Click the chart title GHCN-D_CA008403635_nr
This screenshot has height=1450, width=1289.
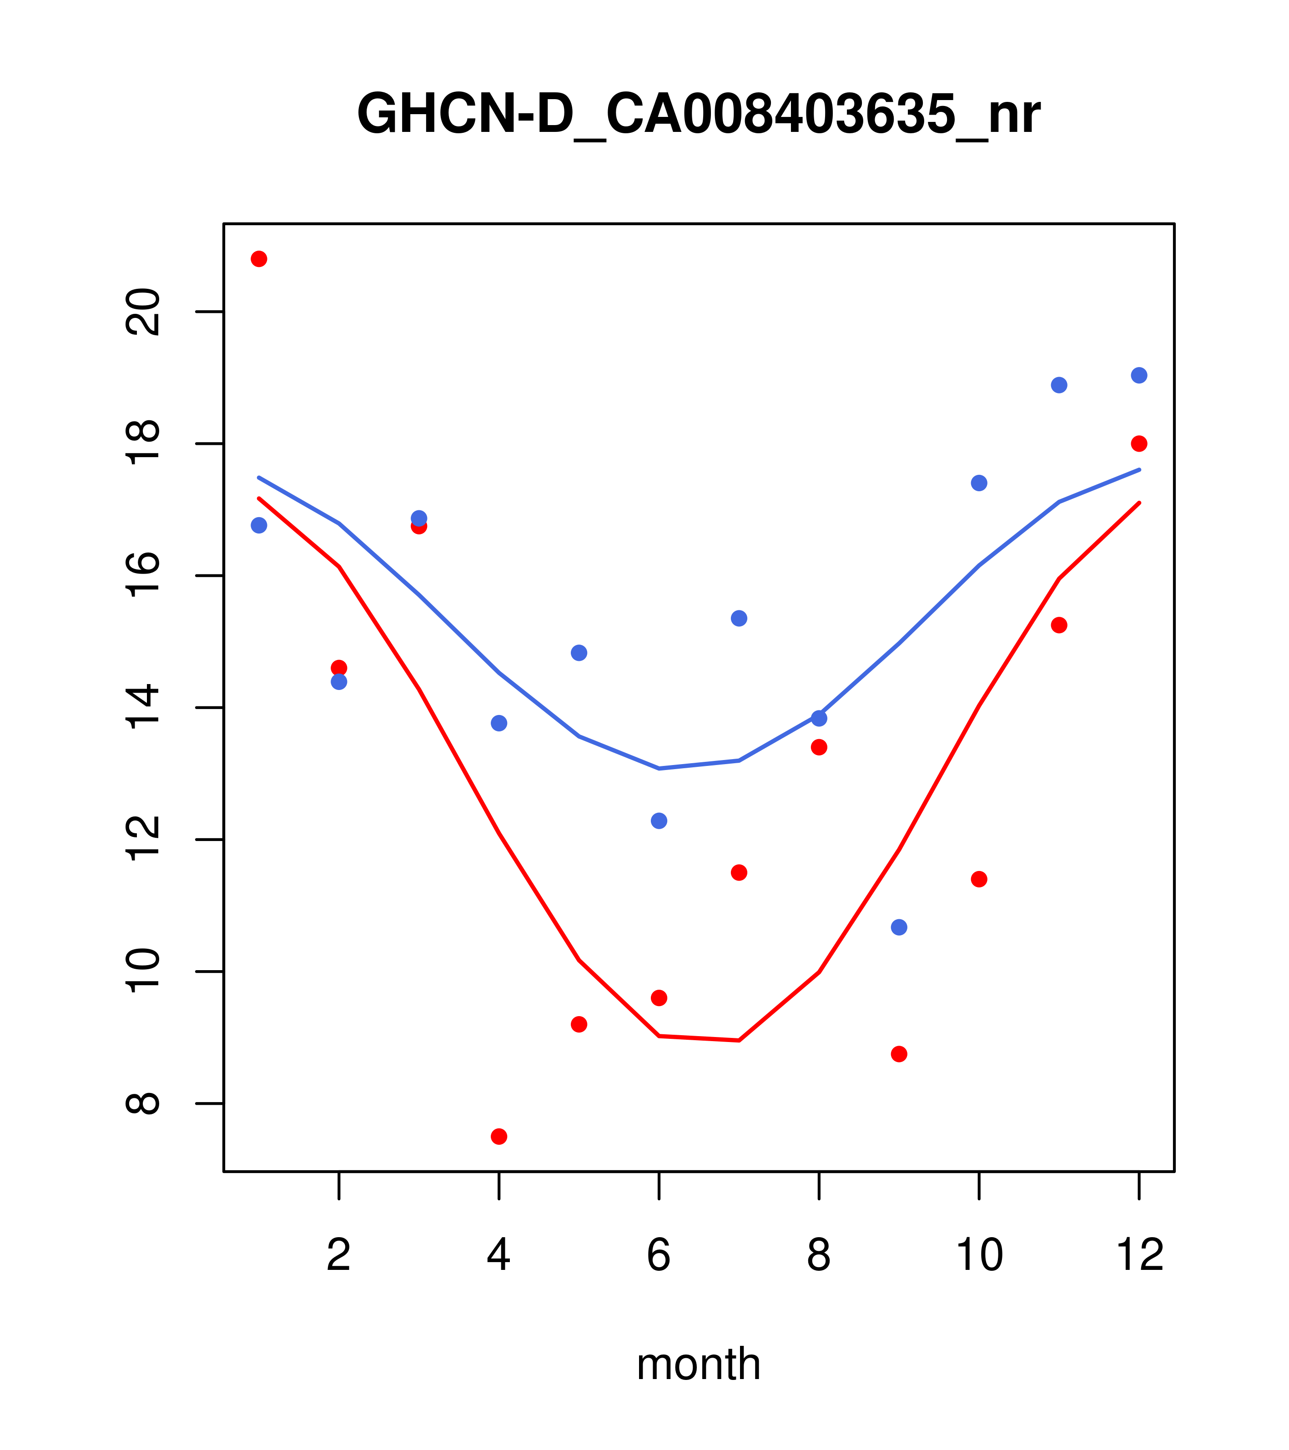point(698,115)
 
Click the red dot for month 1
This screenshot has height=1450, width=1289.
point(259,259)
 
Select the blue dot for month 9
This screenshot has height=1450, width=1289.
point(899,927)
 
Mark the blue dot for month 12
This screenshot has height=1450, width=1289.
point(1139,375)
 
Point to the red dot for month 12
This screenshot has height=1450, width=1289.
point(1139,443)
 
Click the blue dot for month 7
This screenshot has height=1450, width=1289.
point(739,619)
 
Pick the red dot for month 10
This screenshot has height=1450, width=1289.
point(979,879)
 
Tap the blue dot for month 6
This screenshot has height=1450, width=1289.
point(659,821)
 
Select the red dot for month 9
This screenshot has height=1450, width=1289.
point(899,1054)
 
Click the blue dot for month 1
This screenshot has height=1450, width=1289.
point(259,525)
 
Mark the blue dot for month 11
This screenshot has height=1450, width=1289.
point(1059,385)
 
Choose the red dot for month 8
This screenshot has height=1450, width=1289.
point(819,747)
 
